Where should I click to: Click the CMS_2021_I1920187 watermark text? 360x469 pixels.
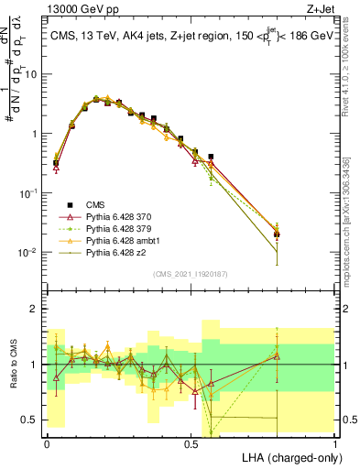191,274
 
